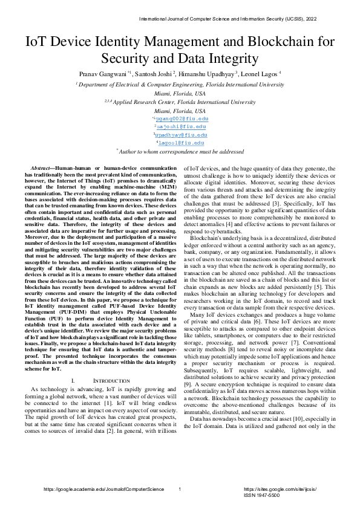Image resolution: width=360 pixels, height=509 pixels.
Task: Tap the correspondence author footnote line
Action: (180, 153)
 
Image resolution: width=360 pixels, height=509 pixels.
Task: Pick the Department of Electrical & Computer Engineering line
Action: (180, 85)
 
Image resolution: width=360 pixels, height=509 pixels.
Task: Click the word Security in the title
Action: (128, 59)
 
